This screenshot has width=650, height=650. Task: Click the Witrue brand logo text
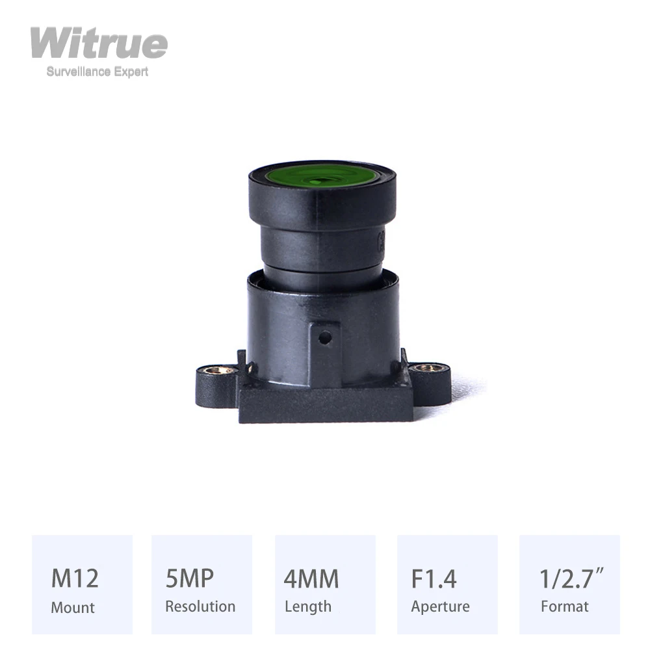(x=99, y=44)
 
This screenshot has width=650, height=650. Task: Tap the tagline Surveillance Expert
(x=97, y=72)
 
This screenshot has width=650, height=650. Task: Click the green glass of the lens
(x=322, y=176)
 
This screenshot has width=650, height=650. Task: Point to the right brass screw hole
(x=427, y=368)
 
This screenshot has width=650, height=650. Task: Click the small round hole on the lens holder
(x=326, y=337)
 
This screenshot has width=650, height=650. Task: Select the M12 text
(x=75, y=578)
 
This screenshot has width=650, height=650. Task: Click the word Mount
(x=73, y=608)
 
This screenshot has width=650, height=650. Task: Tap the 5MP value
(x=190, y=578)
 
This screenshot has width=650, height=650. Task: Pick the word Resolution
(x=200, y=606)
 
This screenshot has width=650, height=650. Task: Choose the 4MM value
(x=311, y=578)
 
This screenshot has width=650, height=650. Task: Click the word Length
(x=308, y=606)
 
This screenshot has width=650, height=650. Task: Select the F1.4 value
(x=434, y=578)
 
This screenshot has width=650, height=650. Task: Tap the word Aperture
(x=440, y=607)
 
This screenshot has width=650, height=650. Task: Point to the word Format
(x=565, y=606)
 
